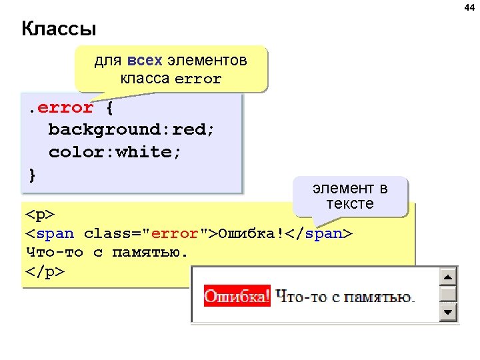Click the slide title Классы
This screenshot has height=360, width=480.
tap(59, 29)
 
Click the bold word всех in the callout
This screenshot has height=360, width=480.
tap(144, 61)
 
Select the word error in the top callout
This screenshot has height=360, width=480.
tap(197, 79)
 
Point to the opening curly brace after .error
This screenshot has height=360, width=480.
tap(109, 107)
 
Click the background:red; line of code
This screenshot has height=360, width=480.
tap(131, 129)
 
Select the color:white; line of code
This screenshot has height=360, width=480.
tap(115, 152)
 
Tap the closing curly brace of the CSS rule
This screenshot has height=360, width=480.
tap(33, 174)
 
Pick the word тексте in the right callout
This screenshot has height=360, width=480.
tap(350, 203)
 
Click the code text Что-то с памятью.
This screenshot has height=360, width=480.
tap(107, 253)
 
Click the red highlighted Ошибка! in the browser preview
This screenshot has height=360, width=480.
tap(237, 296)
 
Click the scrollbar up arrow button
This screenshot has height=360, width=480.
tap(449, 276)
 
